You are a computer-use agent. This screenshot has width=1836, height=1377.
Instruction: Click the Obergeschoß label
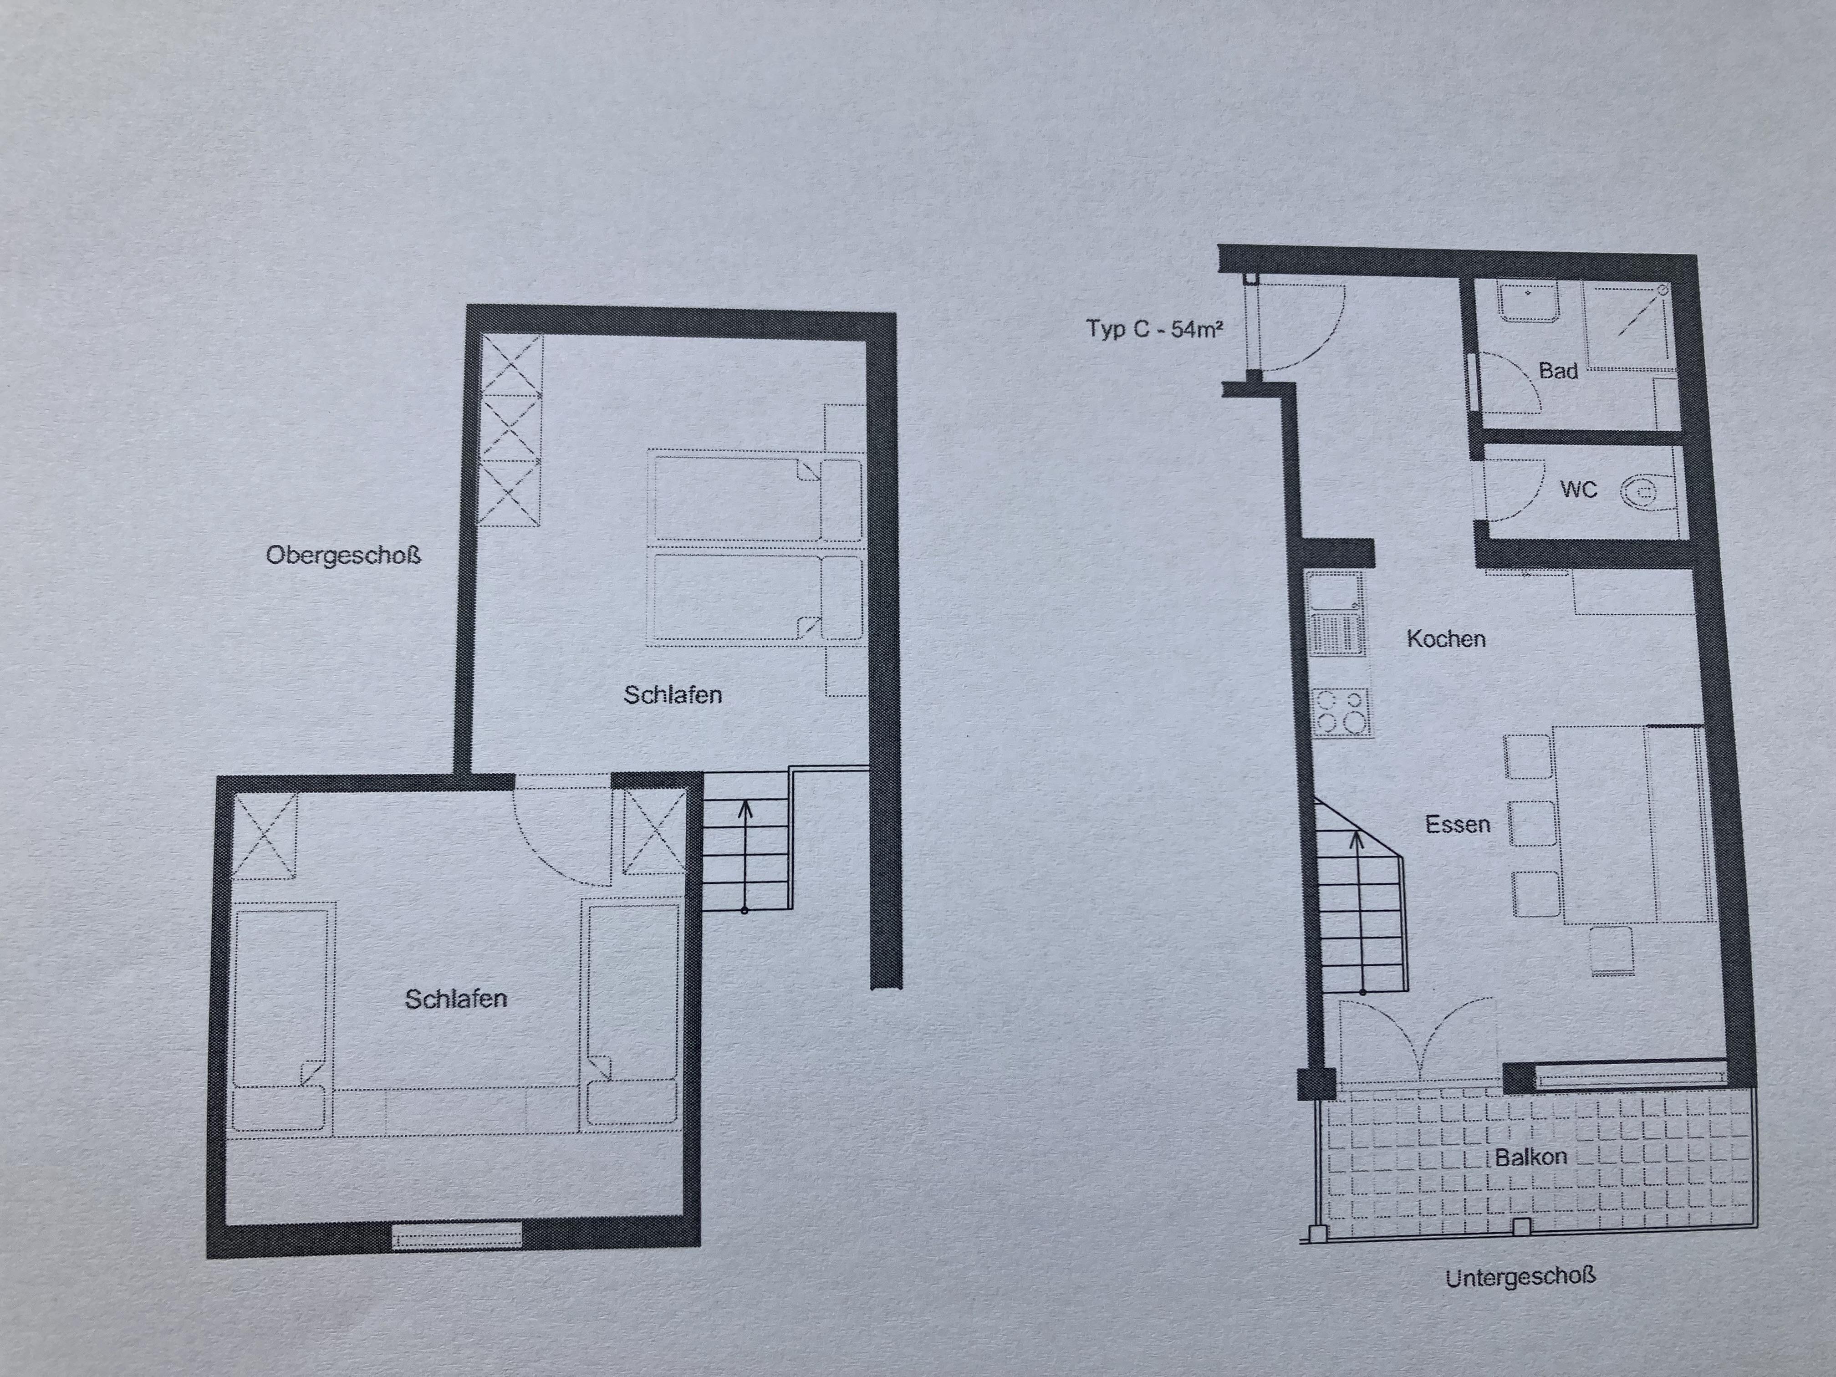click(344, 555)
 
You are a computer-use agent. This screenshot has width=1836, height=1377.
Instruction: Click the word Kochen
click(1446, 638)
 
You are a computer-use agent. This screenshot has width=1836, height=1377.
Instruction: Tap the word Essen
click(1458, 824)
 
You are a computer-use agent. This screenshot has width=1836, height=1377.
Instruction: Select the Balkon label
click(1530, 1156)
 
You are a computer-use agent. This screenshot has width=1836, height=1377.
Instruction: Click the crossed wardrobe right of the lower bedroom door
click(654, 831)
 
